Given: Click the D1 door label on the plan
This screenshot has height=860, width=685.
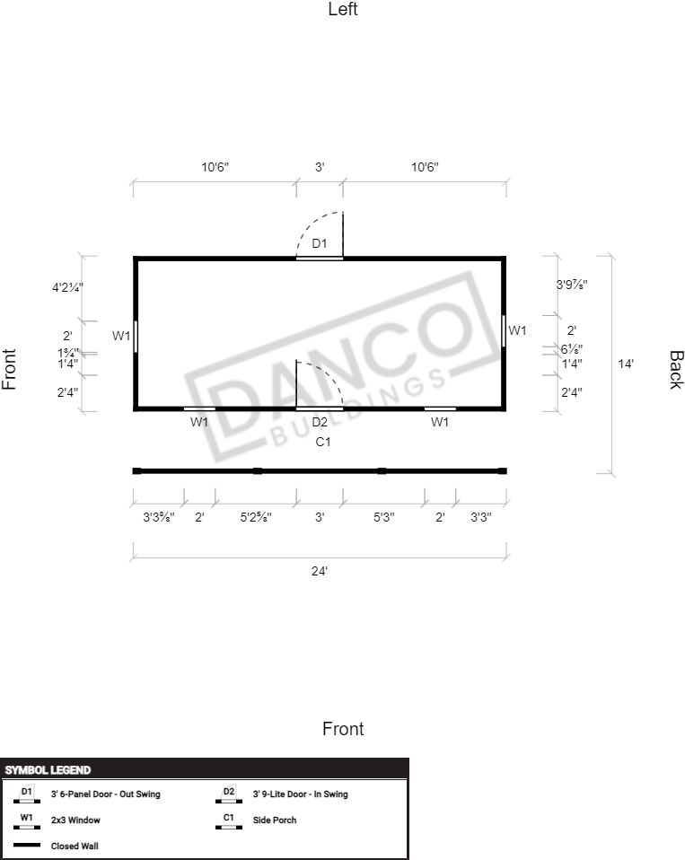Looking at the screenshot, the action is (x=320, y=243).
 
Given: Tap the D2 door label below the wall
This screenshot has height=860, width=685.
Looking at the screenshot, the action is (x=320, y=422).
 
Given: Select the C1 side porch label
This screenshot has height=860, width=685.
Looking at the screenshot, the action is (x=323, y=442).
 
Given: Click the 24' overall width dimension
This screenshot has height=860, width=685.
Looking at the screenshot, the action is (x=320, y=572).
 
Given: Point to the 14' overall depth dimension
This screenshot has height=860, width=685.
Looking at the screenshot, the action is (x=626, y=364).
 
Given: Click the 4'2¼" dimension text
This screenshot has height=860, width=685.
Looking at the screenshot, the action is (x=67, y=287).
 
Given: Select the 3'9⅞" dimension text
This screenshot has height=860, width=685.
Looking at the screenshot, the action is (x=572, y=285).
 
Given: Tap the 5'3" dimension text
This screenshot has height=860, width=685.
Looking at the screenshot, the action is (x=384, y=517).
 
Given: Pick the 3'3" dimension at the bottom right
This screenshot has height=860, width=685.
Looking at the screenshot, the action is (x=481, y=517).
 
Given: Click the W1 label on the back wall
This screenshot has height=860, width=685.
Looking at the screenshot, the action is (x=517, y=330).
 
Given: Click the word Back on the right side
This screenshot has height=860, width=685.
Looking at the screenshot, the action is (x=676, y=370).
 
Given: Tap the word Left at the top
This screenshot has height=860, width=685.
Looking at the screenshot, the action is (x=343, y=9).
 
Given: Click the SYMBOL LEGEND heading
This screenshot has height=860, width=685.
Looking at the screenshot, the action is (x=48, y=770).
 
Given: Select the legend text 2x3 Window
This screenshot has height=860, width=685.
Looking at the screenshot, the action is (x=75, y=821).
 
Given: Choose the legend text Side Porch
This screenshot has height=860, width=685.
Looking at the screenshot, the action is (x=274, y=821).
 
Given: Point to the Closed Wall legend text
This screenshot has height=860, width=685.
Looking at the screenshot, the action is (x=75, y=847).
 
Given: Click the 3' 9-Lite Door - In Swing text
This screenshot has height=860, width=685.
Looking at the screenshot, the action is (x=300, y=794).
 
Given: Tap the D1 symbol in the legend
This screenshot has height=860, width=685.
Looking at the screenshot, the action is (x=26, y=794).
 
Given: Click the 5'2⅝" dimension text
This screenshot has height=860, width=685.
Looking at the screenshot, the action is (x=256, y=517).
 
